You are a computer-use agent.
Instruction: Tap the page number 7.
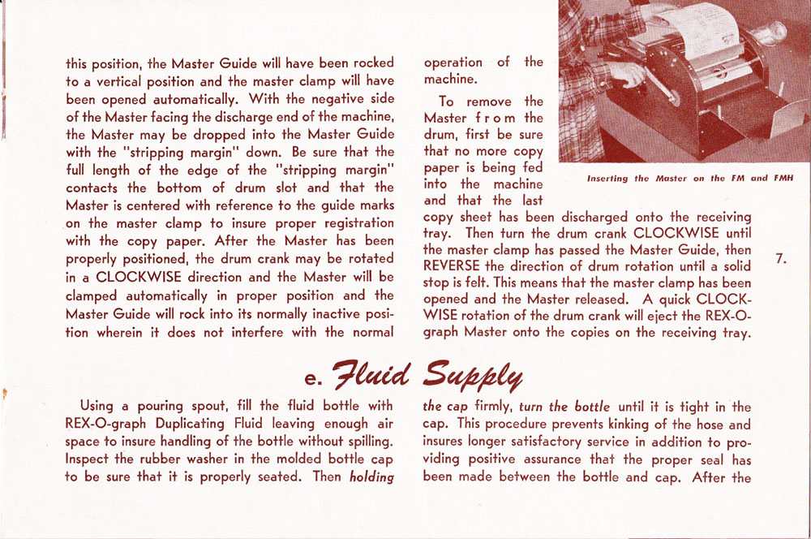coord(780,260)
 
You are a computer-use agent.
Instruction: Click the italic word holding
coord(371,477)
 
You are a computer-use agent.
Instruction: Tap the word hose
coord(704,424)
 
